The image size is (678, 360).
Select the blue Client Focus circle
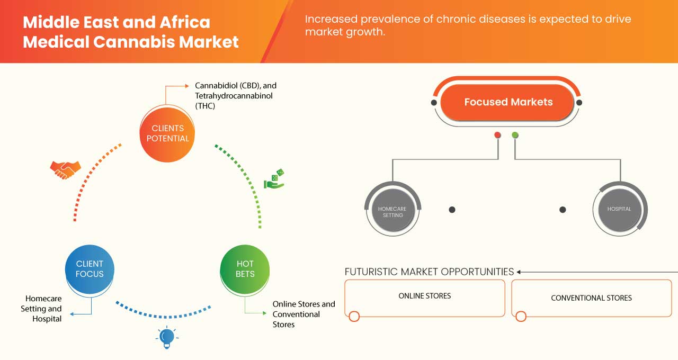coord(90,268)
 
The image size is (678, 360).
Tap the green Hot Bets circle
coord(245,268)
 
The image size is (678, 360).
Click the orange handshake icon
coord(65,169)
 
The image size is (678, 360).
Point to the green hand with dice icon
coord(274,179)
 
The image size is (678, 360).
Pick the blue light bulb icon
coord(167,337)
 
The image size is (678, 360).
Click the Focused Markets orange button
coord(507,102)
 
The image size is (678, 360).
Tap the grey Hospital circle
coord(619,209)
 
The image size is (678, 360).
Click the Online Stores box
coord(424,296)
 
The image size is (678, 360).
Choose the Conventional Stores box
coord(591,298)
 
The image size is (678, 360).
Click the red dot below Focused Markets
coord(497,135)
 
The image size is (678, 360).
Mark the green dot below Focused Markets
coord(515,135)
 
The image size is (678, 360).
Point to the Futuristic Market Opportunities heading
coord(429,272)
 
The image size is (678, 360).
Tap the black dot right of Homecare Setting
coord(452,210)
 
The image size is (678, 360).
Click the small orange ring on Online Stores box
coord(354,317)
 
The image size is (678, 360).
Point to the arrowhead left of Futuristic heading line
coord(519,272)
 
